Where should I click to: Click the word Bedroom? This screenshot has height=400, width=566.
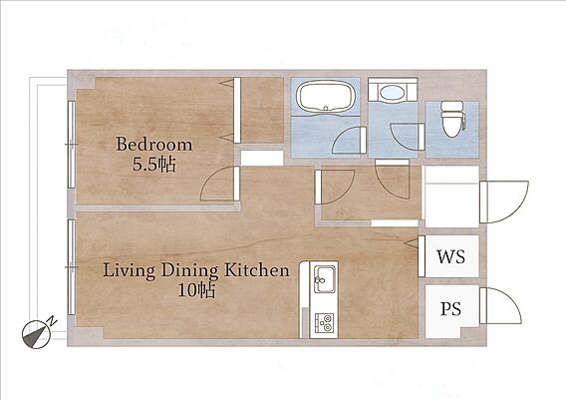pos(153,145)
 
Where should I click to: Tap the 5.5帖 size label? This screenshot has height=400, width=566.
pos(154,166)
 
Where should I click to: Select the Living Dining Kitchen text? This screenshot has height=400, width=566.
pos(196,270)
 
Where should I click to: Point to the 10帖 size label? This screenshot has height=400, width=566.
pos(196,290)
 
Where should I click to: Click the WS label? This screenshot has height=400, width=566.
pos(450,256)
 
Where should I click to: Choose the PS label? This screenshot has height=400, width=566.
pos(450,309)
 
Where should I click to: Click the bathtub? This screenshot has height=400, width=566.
pos(325,96)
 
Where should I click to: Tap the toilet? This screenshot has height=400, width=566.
pos(453,119)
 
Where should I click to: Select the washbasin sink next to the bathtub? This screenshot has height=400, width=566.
pos(392,93)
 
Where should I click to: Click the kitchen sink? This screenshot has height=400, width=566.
pos(325,279)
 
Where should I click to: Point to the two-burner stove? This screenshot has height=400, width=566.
pos(325,322)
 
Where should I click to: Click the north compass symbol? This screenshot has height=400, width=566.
pos(36,334)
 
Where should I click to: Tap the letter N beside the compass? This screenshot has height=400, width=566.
pos(53,320)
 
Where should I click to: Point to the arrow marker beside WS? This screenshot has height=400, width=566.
pos(411,243)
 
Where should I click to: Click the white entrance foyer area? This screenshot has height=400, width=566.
pos(452,198)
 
